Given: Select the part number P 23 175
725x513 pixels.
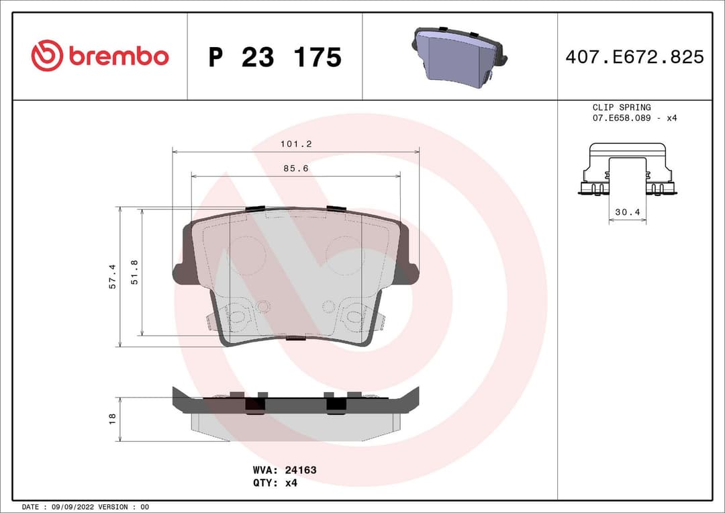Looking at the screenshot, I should click(275, 58).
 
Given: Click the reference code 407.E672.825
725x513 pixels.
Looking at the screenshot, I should click(634, 57).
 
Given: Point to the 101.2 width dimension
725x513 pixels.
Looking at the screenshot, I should click(296, 144).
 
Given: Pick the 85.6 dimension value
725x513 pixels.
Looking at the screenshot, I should click(295, 169).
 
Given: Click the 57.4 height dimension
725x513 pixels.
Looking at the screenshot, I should click(113, 277).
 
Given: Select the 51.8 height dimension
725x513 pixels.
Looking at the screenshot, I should click(134, 272).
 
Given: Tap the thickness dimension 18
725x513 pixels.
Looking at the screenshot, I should click(113, 418).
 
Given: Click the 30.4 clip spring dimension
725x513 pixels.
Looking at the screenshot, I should click(627, 212).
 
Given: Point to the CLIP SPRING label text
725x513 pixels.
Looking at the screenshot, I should click(621, 107).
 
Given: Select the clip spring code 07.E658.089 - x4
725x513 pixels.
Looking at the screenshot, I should click(634, 118).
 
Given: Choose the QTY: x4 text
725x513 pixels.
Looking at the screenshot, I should click(275, 483).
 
